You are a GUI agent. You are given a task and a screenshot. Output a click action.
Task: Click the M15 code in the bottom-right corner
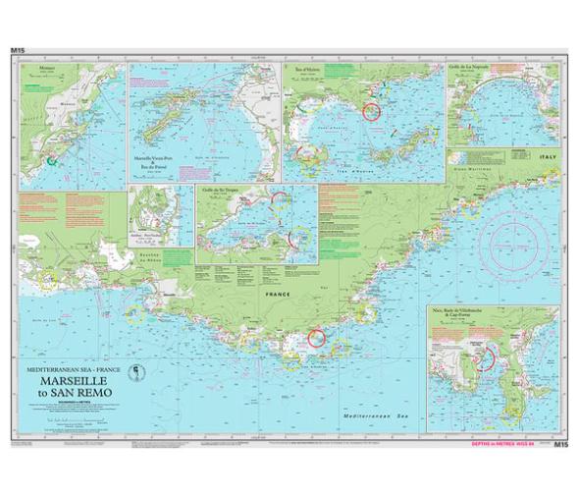point(560,445)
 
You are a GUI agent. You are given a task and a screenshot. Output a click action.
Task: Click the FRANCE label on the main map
point(266,293)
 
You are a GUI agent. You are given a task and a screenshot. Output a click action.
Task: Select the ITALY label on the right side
point(546,157)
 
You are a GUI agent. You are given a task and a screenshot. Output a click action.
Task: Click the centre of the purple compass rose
point(514,236)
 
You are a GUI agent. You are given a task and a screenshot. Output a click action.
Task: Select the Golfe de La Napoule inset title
point(497,67)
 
